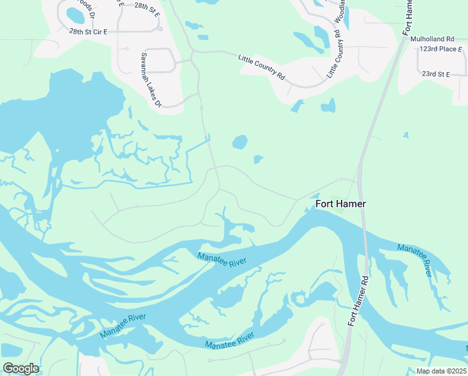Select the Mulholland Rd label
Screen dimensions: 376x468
click(x=432, y=39)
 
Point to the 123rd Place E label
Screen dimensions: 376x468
click(x=441, y=48)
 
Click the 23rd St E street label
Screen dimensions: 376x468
click(x=436, y=74)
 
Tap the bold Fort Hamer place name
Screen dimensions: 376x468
click(x=340, y=204)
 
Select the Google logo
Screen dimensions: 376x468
click(x=20, y=368)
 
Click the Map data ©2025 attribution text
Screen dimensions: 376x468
click(x=440, y=371)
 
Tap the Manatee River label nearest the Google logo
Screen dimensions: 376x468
click(x=122, y=325)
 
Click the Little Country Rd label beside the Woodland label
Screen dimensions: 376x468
click(x=333, y=54)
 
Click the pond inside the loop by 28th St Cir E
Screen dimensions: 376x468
click(x=75, y=14)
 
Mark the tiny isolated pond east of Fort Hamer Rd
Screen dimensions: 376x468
click(x=406, y=135)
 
